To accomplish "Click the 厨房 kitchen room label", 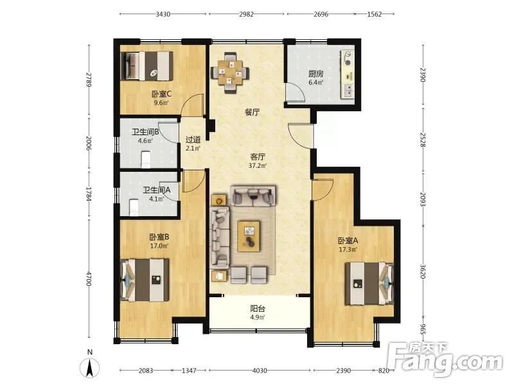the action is pyautogui.click(x=315, y=74).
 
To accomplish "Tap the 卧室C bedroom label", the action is pyautogui.click(x=161, y=94).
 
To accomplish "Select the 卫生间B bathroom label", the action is pyautogui.click(x=145, y=132).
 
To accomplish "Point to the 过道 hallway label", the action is pyautogui.click(x=193, y=140).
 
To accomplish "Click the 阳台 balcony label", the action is pyautogui.click(x=258, y=309).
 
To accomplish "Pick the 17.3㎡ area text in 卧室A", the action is pyautogui.click(x=348, y=250).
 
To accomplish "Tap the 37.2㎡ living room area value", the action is pyautogui.click(x=258, y=165).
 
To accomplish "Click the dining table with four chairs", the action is pyautogui.click(x=230, y=73).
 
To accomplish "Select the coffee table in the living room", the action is pyautogui.click(x=249, y=236).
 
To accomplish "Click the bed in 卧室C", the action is pyautogui.click(x=146, y=66).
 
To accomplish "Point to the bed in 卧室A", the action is pyautogui.click(x=369, y=283).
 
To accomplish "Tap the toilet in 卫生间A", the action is pyautogui.click(x=134, y=207).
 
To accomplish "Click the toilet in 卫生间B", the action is pyautogui.click(x=146, y=159).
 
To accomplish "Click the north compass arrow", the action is pyautogui.click(x=90, y=367).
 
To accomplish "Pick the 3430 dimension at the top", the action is pyautogui.click(x=163, y=14).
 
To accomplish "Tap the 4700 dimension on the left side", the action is pyautogui.click(x=89, y=279).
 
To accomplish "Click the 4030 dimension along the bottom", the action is pyautogui.click(x=260, y=371).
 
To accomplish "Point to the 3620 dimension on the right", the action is pyautogui.click(x=423, y=271).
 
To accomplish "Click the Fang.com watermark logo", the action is pyautogui.click(x=445, y=360).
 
